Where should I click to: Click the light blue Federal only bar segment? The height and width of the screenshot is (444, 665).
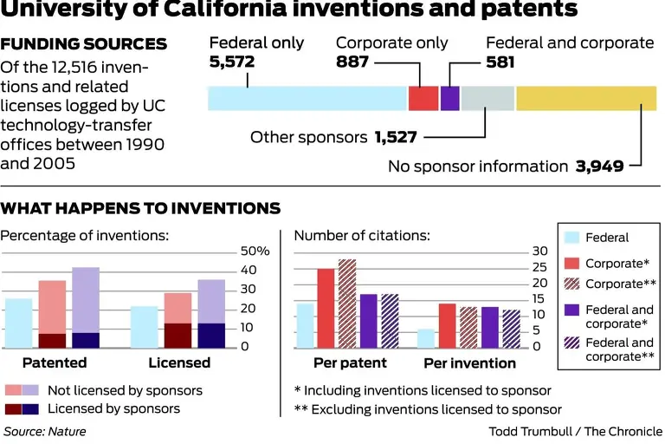pyautogui.click(x=307, y=98)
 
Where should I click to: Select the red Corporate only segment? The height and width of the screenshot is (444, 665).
pyautogui.click(x=423, y=98)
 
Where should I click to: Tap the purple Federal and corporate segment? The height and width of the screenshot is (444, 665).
pyautogui.click(x=449, y=98)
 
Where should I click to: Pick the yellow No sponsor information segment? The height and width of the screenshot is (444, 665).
pyautogui.click(x=586, y=98)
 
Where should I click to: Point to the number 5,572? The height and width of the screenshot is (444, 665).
pyautogui.click(x=234, y=62)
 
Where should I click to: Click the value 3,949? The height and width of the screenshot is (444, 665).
pyautogui.click(x=600, y=166)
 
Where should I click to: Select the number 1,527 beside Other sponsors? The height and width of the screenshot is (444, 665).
pyautogui.click(x=397, y=137)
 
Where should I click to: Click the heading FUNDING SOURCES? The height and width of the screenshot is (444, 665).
pyautogui.click(x=84, y=43)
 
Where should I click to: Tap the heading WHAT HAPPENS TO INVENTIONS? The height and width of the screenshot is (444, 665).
pyautogui.click(x=140, y=208)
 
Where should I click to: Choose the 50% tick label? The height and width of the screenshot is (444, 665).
pyautogui.click(x=255, y=251)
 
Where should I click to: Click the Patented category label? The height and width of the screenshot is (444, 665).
pyautogui.click(x=55, y=362)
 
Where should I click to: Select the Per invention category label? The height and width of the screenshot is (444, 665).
pyautogui.click(x=469, y=362)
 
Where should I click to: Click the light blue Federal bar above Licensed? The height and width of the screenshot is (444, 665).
pyautogui.click(x=144, y=327)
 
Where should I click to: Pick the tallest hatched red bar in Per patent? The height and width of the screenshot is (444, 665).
pyautogui.click(x=347, y=304)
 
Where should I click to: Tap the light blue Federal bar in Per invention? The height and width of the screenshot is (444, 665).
pyautogui.click(x=425, y=338)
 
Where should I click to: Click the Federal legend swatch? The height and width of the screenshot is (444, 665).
pyautogui.click(x=571, y=238)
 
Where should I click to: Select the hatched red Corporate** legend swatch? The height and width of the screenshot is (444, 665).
pyautogui.click(x=571, y=284)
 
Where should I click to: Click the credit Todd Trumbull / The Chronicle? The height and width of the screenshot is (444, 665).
pyautogui.click(x=575, y=431)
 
